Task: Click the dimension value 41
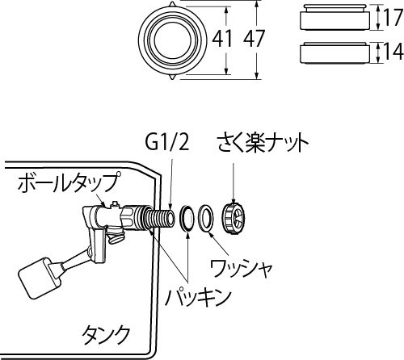point(221,38)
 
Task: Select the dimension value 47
point(254,38)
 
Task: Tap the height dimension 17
point(393,17)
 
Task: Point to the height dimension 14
point(393,51)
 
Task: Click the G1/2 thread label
point(166,144)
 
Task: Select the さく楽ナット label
point(263,144)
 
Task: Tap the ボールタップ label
point(68,183)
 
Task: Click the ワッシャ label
point(241,269)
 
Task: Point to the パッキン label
point(198,298)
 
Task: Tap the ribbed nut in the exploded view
point(233,217)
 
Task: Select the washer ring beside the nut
point(204,217)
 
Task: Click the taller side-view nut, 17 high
point(335,17)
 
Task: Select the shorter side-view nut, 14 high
point(335,52)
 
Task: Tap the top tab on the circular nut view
point(172,3)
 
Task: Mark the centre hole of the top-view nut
point(173,40)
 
